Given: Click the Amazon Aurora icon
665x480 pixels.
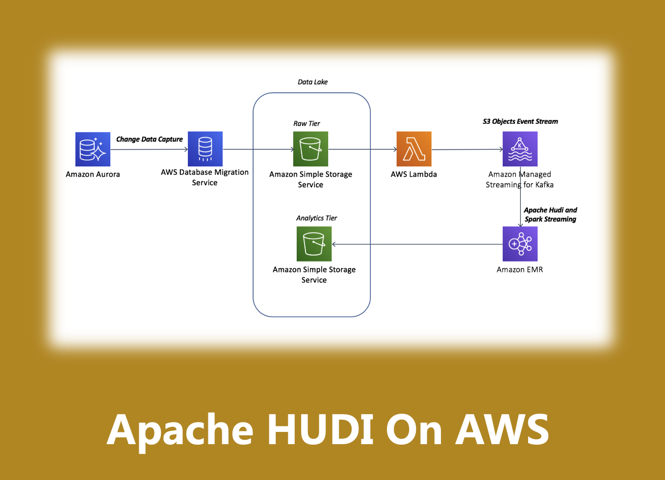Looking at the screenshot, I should coord(93,149).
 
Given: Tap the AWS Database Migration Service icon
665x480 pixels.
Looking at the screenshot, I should coord(205,149).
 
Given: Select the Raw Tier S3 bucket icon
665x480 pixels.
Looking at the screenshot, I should coord(310,149).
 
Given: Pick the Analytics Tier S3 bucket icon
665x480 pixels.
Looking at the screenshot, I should coord(314,244).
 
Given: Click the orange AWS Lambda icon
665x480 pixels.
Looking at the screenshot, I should coord(414,149).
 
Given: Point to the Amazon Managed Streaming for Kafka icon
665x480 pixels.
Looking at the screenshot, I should coord(520,149).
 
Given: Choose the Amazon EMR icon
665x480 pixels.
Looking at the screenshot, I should coord(520,244).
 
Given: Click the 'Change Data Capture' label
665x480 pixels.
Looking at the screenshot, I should coord(149,139).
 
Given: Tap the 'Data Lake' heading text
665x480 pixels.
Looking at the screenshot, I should coord(312,82).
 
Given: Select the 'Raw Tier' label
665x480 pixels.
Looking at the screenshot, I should coord(307,124).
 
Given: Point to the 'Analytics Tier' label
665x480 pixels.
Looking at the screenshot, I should coord(316,218).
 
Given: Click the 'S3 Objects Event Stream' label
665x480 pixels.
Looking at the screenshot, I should coord(520,121).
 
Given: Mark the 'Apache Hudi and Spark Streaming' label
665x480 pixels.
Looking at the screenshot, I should coord(550,214).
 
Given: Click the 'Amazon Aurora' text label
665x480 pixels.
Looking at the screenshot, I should coord(93,174).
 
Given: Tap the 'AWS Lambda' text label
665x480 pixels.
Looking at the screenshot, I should coord(413,174).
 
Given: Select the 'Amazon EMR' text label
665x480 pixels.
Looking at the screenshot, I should coord(519,269).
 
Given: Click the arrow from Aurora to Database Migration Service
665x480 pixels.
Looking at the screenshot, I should coord(149,149).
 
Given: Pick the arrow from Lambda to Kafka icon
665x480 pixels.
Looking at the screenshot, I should coord(467,149).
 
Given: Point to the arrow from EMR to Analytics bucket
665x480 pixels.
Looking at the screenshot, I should coord(417,244).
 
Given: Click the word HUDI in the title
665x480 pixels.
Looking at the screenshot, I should coord(320,429).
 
